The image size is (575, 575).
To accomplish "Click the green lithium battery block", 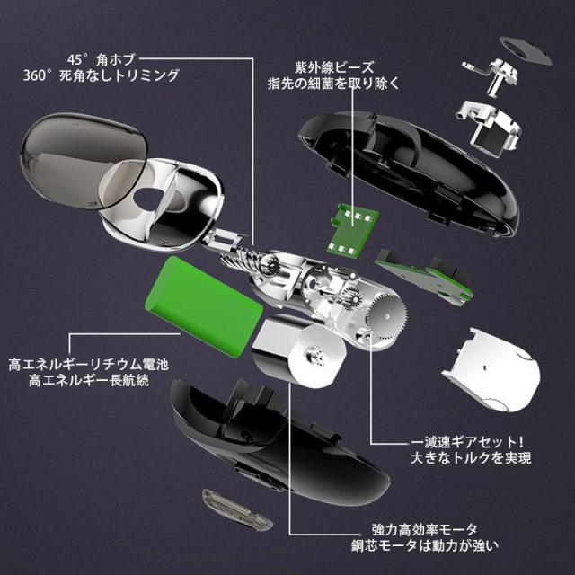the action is (206, 305).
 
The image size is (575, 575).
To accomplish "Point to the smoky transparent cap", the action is (83, 160).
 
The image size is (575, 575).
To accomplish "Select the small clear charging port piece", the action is (237, 509).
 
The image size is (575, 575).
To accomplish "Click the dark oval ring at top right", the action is (526, 50).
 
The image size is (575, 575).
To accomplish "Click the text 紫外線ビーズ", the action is (334, 68).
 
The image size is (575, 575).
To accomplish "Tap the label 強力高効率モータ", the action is (425, 529).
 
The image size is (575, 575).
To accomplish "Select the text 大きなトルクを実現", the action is (471, 457).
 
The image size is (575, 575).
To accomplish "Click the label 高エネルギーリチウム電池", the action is (88, 364).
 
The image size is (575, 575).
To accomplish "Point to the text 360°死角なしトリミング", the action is (101, 75).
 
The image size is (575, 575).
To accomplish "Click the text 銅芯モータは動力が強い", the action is (425, 545).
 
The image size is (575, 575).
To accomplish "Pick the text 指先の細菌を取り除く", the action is (333, 84).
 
